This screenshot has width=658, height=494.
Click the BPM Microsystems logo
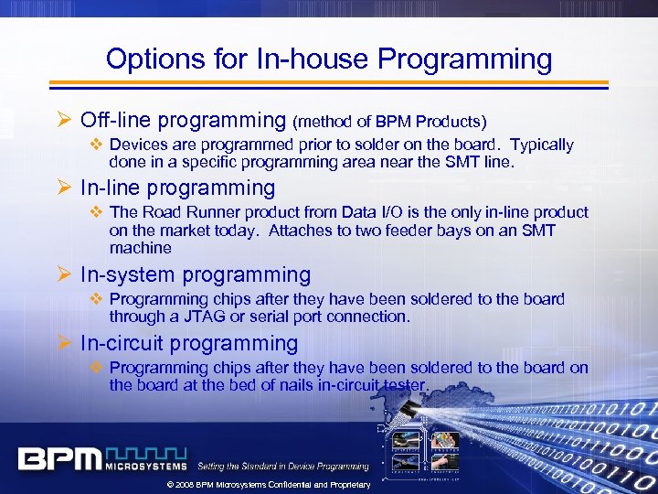tap(101, 457)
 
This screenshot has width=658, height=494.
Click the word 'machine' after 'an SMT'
tap(140, 248)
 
